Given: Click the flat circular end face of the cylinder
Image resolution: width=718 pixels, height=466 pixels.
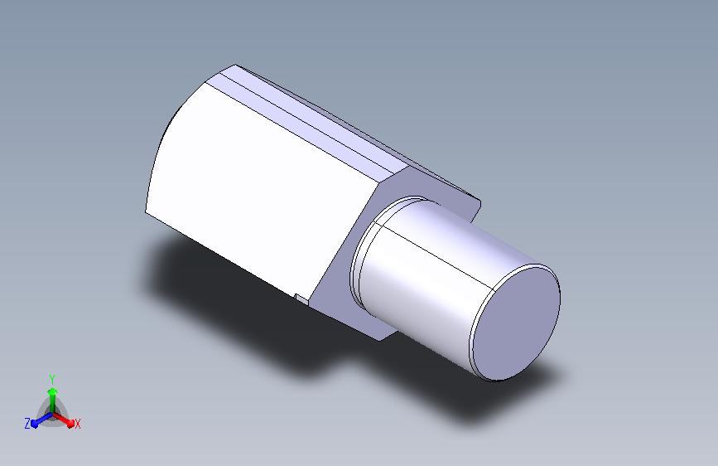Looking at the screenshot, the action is tap(517, 323).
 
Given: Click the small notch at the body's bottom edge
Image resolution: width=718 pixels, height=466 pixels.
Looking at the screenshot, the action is tap(301, 299).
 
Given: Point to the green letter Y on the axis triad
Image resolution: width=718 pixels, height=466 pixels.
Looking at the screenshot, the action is tap(52, 380).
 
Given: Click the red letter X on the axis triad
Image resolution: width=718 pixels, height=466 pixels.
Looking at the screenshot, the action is tap(77, 425).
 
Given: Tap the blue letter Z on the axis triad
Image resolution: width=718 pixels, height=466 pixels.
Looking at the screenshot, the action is tap(27, 424).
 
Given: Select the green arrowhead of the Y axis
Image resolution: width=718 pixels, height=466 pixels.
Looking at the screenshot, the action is tap(53, 391).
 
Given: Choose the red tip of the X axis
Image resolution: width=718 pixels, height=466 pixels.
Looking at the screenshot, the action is tap(70, 423).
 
